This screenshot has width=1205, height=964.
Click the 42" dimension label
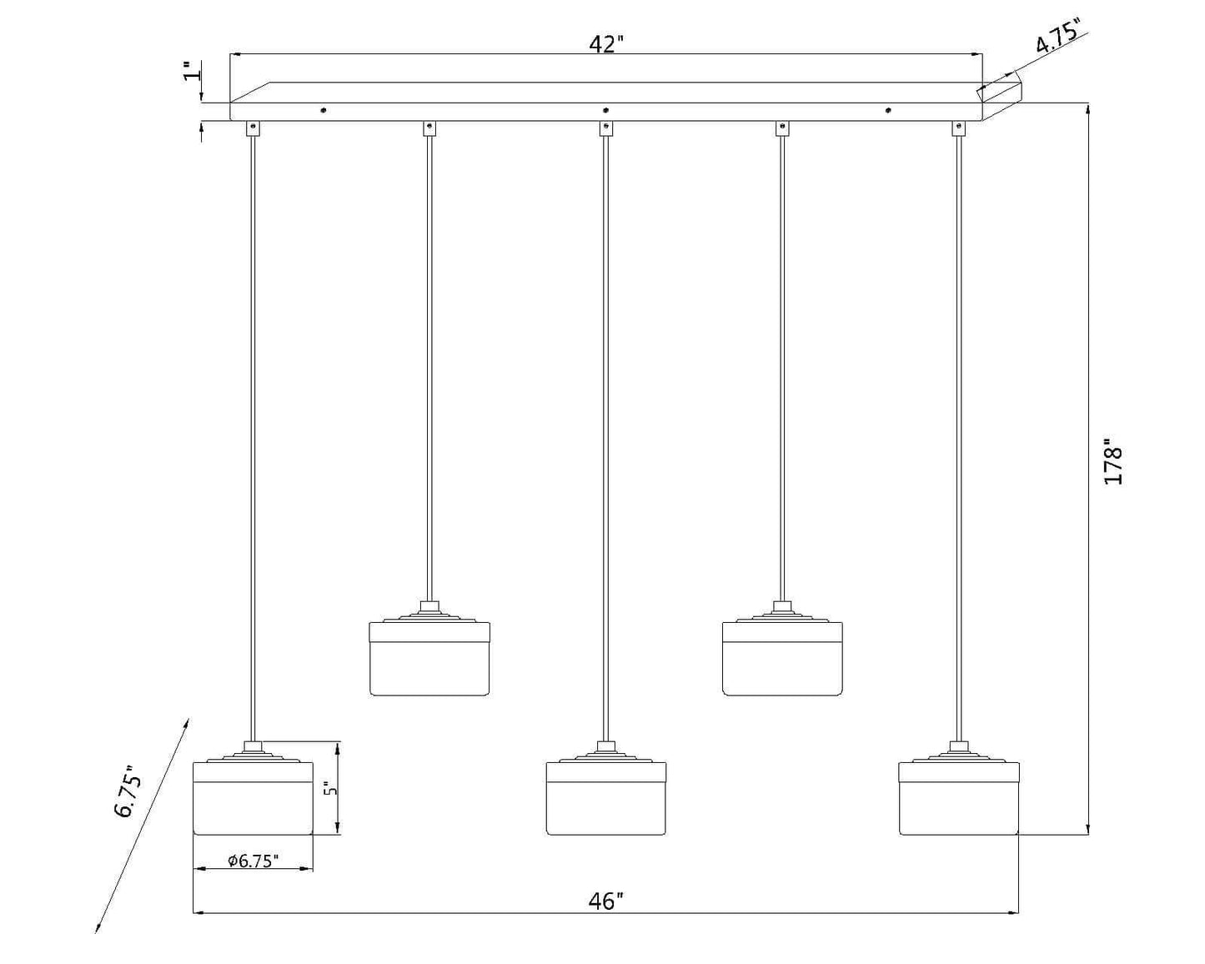point(606,43)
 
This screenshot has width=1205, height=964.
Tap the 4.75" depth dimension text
point(1057,35)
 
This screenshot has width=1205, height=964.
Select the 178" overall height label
point(1112,465)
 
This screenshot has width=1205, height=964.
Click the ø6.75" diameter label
point(254,861)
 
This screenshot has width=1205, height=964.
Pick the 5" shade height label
point(332,789)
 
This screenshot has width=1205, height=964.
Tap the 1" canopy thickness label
point(192,71)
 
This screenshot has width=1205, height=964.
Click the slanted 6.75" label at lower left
point(129,791)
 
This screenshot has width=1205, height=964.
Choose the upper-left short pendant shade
point(429,658)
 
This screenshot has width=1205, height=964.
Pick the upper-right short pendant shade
point(782,658)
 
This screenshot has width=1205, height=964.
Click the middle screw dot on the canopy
point(605,110)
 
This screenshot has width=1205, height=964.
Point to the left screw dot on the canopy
point(323,110)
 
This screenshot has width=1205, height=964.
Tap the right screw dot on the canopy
point(888,110)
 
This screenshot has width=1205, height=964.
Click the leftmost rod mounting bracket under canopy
point(254,128)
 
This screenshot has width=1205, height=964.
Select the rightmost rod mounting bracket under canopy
point(959,128)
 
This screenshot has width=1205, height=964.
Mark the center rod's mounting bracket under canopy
point(605,128)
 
